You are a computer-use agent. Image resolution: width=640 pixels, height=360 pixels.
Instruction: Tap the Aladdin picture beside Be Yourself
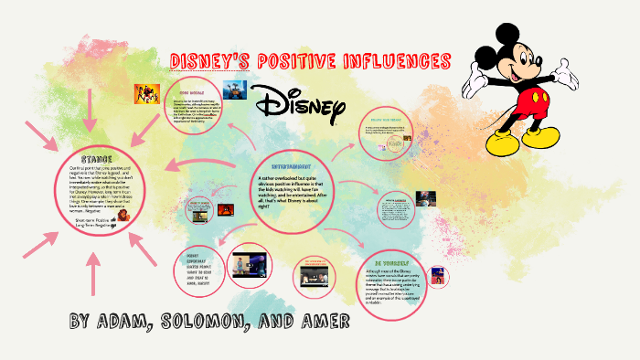click(439, 274)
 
